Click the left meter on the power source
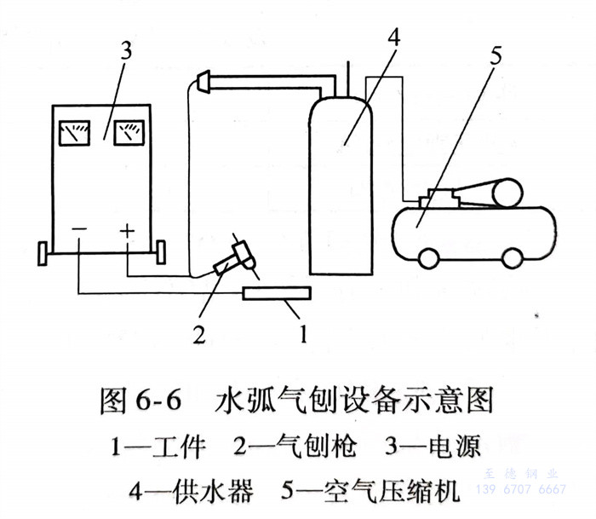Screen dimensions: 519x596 pos(75,132)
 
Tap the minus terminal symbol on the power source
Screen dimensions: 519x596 pos(78,231)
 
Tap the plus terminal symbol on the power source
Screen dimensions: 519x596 pos(127,231)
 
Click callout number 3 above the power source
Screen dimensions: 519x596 pos(126,50)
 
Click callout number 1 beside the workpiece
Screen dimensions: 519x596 pos(301,333)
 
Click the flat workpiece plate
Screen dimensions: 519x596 pos(277,294)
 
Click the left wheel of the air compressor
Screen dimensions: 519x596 pos(428,257)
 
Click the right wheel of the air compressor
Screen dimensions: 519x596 pos(512,257)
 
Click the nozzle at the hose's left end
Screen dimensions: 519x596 pos(204,82)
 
